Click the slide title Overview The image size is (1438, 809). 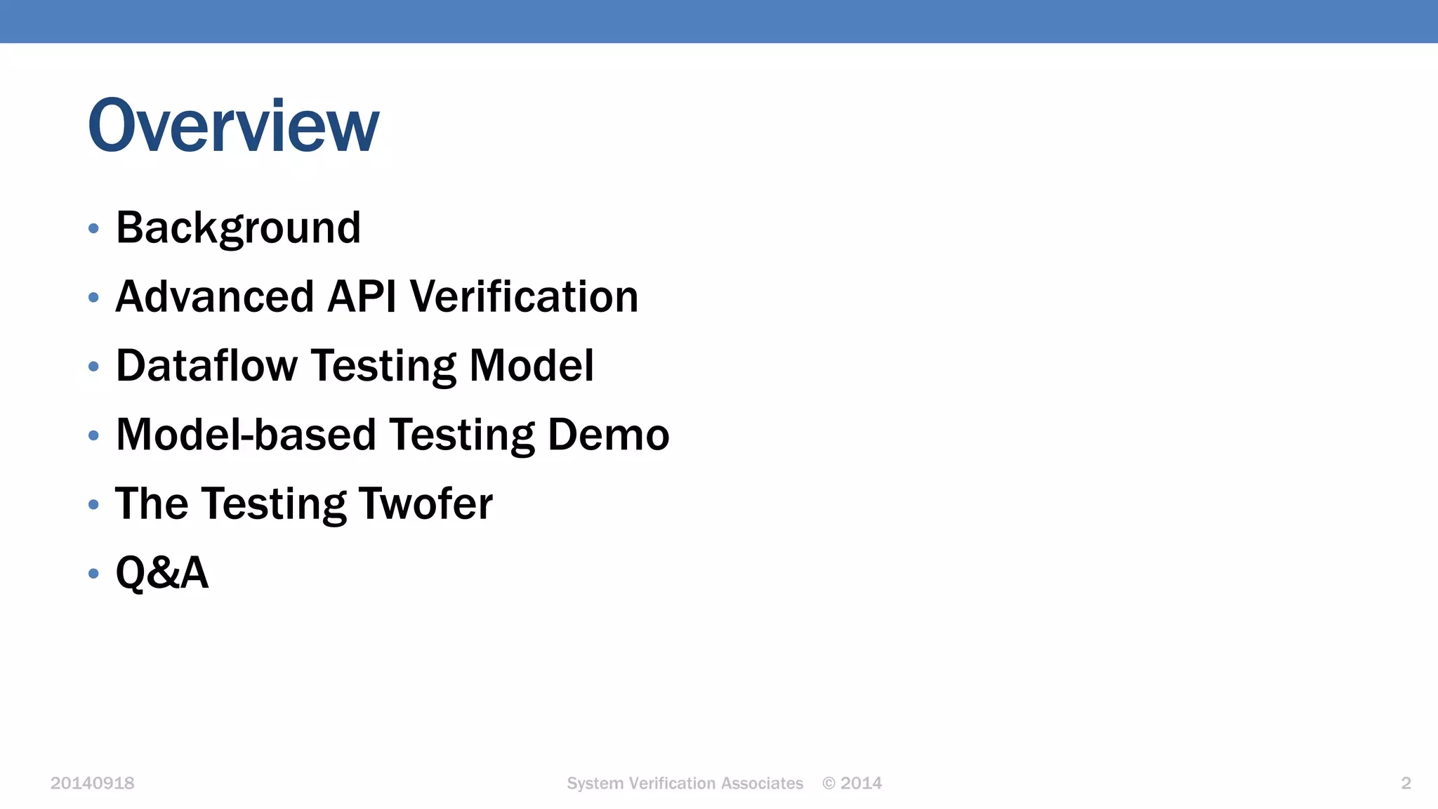tap(233, 126)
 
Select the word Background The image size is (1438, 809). tap(238, 228)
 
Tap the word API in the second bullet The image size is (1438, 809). tap(362, 296)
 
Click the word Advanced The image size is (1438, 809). tap(214, 296)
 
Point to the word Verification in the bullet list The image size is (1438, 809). tap(524, 296)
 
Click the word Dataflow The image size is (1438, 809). tap(206, 366)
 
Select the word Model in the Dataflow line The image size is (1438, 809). tap(531, 366)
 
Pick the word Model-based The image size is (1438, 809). tap(246, 435)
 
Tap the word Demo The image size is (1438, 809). tap(608, 435)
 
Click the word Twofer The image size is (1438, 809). tap(426, 504)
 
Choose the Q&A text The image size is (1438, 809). tap(162, 572)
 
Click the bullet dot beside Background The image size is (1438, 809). tap(93, 229)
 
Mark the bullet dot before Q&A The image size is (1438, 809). tap(93, 574)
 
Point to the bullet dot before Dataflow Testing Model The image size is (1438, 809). tap(93, 367)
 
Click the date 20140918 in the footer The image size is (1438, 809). tap(92, 784)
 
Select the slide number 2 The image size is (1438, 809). tap(1406, 784)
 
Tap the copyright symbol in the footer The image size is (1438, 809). tap(829, 784)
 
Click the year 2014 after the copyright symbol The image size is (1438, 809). tap(862, 784)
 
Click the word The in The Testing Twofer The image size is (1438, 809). tap(152, 504)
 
